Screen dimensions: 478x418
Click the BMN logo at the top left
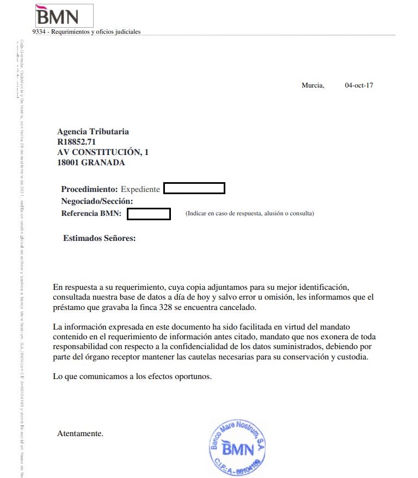(x=57, y=16)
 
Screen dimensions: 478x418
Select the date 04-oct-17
(x=359, y=85)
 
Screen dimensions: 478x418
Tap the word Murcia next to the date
(x=312, y=85)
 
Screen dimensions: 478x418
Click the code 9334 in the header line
(x=38, y=32)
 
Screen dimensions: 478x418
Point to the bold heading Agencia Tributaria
(x=93, y=132)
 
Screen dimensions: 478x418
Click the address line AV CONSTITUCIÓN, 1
(x=103, y=152)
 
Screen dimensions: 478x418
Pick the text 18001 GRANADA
(x=91, y=163)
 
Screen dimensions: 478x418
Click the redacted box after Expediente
(x=194, y=189)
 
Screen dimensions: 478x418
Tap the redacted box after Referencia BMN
(x=149, y=214)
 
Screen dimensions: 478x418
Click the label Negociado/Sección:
(x=97, y=201)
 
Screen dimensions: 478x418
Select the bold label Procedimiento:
(x=89, y=189)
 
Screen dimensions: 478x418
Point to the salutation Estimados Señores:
(x=99, y=238)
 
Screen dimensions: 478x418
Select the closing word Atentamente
(x=80, y=433)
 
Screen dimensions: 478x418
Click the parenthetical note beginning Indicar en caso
(x=250, y=214)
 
